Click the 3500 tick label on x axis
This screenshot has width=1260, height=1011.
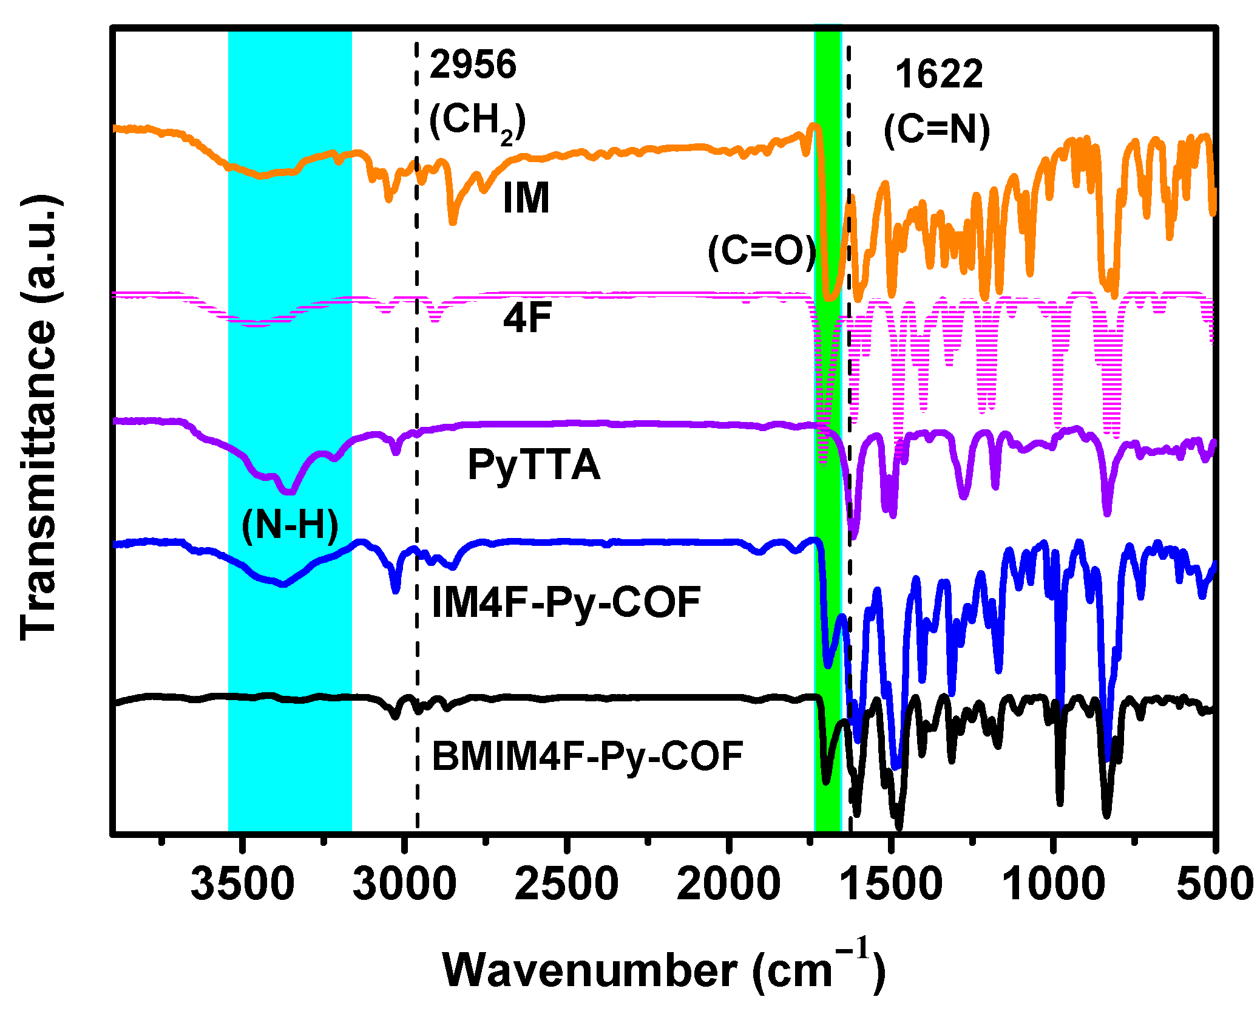(242, 885)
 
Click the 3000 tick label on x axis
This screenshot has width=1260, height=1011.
(404, 885)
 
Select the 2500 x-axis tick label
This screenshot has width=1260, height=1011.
(566, 885)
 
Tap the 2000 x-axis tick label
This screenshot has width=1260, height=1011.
(728, 885)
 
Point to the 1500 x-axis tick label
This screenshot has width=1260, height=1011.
(891, 885)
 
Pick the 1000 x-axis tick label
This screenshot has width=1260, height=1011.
(1053, 885)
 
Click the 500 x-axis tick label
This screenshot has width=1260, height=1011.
(1214, 885)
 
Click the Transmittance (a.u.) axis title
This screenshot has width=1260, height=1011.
(39, 418)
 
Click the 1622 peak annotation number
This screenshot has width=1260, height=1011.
(938, 75)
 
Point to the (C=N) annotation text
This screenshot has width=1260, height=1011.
(937, 130)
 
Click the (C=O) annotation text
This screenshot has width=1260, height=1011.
(762, 251)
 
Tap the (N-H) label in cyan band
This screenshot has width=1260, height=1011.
(290, 525)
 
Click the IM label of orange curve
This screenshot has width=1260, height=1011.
(526, 199)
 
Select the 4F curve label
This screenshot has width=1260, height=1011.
(527, 318)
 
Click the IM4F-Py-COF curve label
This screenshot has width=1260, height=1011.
(566, 603)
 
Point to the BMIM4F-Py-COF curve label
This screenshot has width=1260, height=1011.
(587, 757)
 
